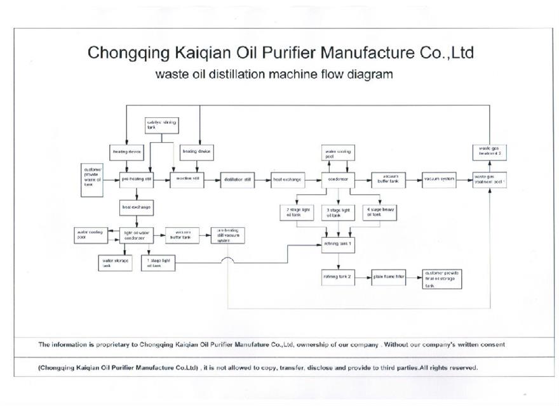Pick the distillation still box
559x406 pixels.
[x=238, y=180]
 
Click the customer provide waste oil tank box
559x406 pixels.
[x=93, y=180]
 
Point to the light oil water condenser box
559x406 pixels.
[x=137, y=236]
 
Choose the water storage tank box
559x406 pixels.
[x=115, y=262]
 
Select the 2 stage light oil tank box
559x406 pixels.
[x=295, y=213]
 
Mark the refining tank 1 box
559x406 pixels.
[x=337, y=244]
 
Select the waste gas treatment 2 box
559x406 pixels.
[x=490, y=151]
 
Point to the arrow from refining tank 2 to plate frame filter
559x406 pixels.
[x=363, y=277]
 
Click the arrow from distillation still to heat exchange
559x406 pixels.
[x=262, y=180]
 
